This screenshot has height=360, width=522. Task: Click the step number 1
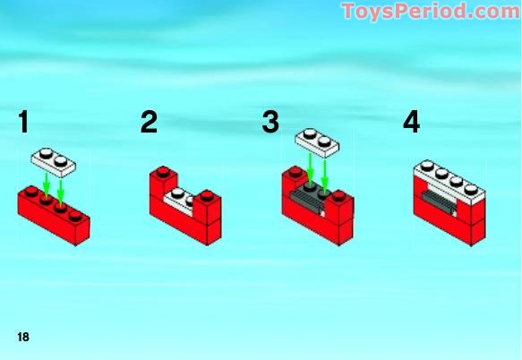23,122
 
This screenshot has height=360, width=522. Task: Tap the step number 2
149,122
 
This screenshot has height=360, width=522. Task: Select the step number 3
270,122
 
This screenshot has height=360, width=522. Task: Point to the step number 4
412,122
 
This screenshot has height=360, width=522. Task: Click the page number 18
23,337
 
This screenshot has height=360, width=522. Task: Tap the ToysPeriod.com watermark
431,11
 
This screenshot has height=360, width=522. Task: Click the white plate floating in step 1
53,162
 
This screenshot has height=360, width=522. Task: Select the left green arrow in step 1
47,184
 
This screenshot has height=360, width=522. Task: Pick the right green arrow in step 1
61,193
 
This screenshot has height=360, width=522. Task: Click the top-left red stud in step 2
163,172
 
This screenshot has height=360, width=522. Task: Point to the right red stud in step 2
208,195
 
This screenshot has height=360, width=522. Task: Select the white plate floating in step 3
317,142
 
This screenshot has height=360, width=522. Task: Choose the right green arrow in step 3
325,176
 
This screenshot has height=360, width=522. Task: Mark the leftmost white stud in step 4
427,166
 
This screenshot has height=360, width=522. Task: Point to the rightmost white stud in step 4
471,190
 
